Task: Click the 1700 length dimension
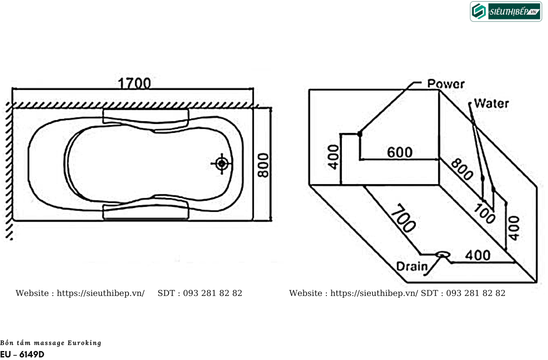coord(134,83)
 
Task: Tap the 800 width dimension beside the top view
coord(263,165)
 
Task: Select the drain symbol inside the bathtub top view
coord(222,164)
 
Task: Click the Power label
coord(446,84)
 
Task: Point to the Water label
coord(492,103)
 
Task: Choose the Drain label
coord(412,266)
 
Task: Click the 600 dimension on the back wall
coord(400,152)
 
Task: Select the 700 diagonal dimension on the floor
coord(403,218)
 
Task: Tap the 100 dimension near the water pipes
coord(484,214)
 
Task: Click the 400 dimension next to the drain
coord(478,255)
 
